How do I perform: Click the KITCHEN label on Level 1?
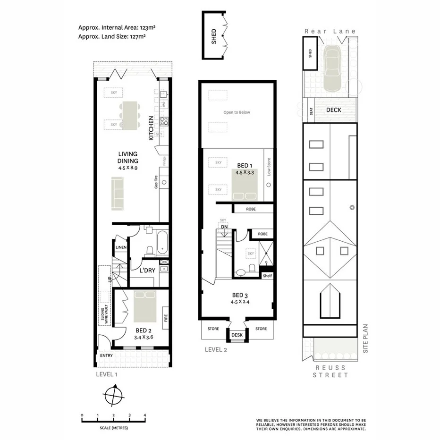[151, 128]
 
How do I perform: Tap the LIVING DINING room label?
[128, 157]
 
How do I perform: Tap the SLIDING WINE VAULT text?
[104, 310]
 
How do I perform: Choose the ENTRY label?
[106, 355]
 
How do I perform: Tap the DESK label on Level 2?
[237, 335]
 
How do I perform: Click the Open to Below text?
[237, 112]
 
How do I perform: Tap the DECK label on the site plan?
[334, 110]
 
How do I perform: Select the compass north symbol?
[113, 393]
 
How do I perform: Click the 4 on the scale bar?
[145, 415]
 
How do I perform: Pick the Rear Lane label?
[330, 31]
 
